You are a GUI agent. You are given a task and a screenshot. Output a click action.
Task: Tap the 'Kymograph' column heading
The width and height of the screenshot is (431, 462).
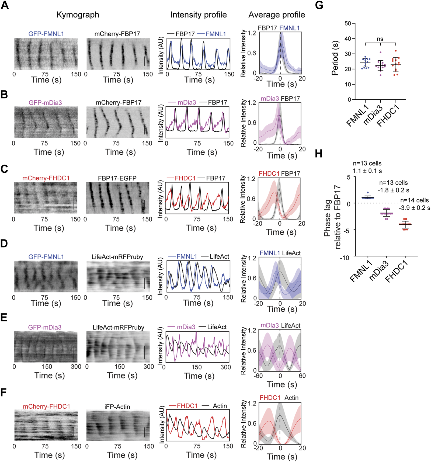point(78,15)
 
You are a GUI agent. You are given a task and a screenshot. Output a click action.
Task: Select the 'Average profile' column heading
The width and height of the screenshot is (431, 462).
point(277,15)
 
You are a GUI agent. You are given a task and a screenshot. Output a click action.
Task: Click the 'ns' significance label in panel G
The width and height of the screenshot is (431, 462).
point(380,39)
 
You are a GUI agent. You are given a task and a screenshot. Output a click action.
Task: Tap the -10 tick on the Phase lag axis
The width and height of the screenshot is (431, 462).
point(345,258)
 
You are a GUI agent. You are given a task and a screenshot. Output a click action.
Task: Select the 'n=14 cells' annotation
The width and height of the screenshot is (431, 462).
point(415,200)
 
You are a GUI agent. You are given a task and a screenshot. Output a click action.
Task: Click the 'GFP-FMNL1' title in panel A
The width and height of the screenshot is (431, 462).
point(46,34)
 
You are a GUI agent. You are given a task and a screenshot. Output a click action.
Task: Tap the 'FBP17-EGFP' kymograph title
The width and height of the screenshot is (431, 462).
point(117,178)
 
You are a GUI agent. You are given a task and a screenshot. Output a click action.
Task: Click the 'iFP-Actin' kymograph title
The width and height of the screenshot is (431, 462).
point(117,407)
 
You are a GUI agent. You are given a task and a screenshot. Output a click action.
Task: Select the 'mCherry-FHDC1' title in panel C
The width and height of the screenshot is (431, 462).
point(46,178)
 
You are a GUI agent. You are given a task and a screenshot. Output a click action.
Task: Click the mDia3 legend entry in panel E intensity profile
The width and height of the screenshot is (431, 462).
point(186,327)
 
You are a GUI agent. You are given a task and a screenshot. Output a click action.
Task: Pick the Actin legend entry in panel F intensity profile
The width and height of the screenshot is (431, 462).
point(220,406)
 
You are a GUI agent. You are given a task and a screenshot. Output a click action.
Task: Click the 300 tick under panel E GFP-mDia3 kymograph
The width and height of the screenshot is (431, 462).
point(76,366)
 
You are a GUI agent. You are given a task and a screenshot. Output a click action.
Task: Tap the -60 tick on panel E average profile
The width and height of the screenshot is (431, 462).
point(258,376)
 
